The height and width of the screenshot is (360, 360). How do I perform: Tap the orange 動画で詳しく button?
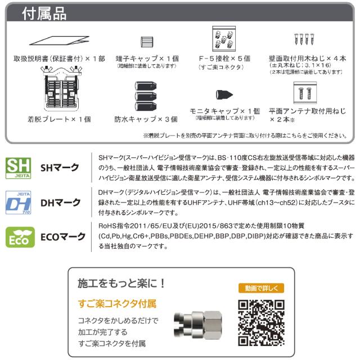(258, 289)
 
